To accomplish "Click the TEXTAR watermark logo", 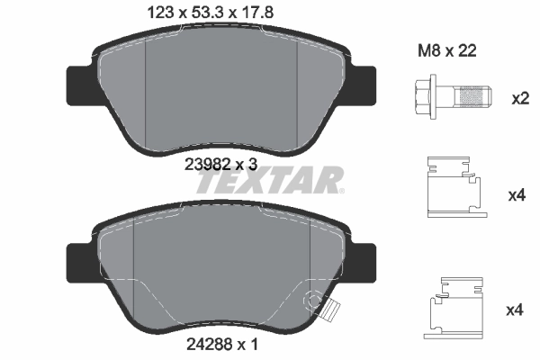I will pyautogui.click(x=270, y=181).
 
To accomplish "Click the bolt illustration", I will pyautogui.click(x=451, y=94).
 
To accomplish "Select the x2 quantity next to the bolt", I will pyautogui.click(x=519, y=97).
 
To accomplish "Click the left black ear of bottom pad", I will pyautogui.click(x=80, y=263).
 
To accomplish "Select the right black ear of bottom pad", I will pyautogui.click(x=364, y=263).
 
